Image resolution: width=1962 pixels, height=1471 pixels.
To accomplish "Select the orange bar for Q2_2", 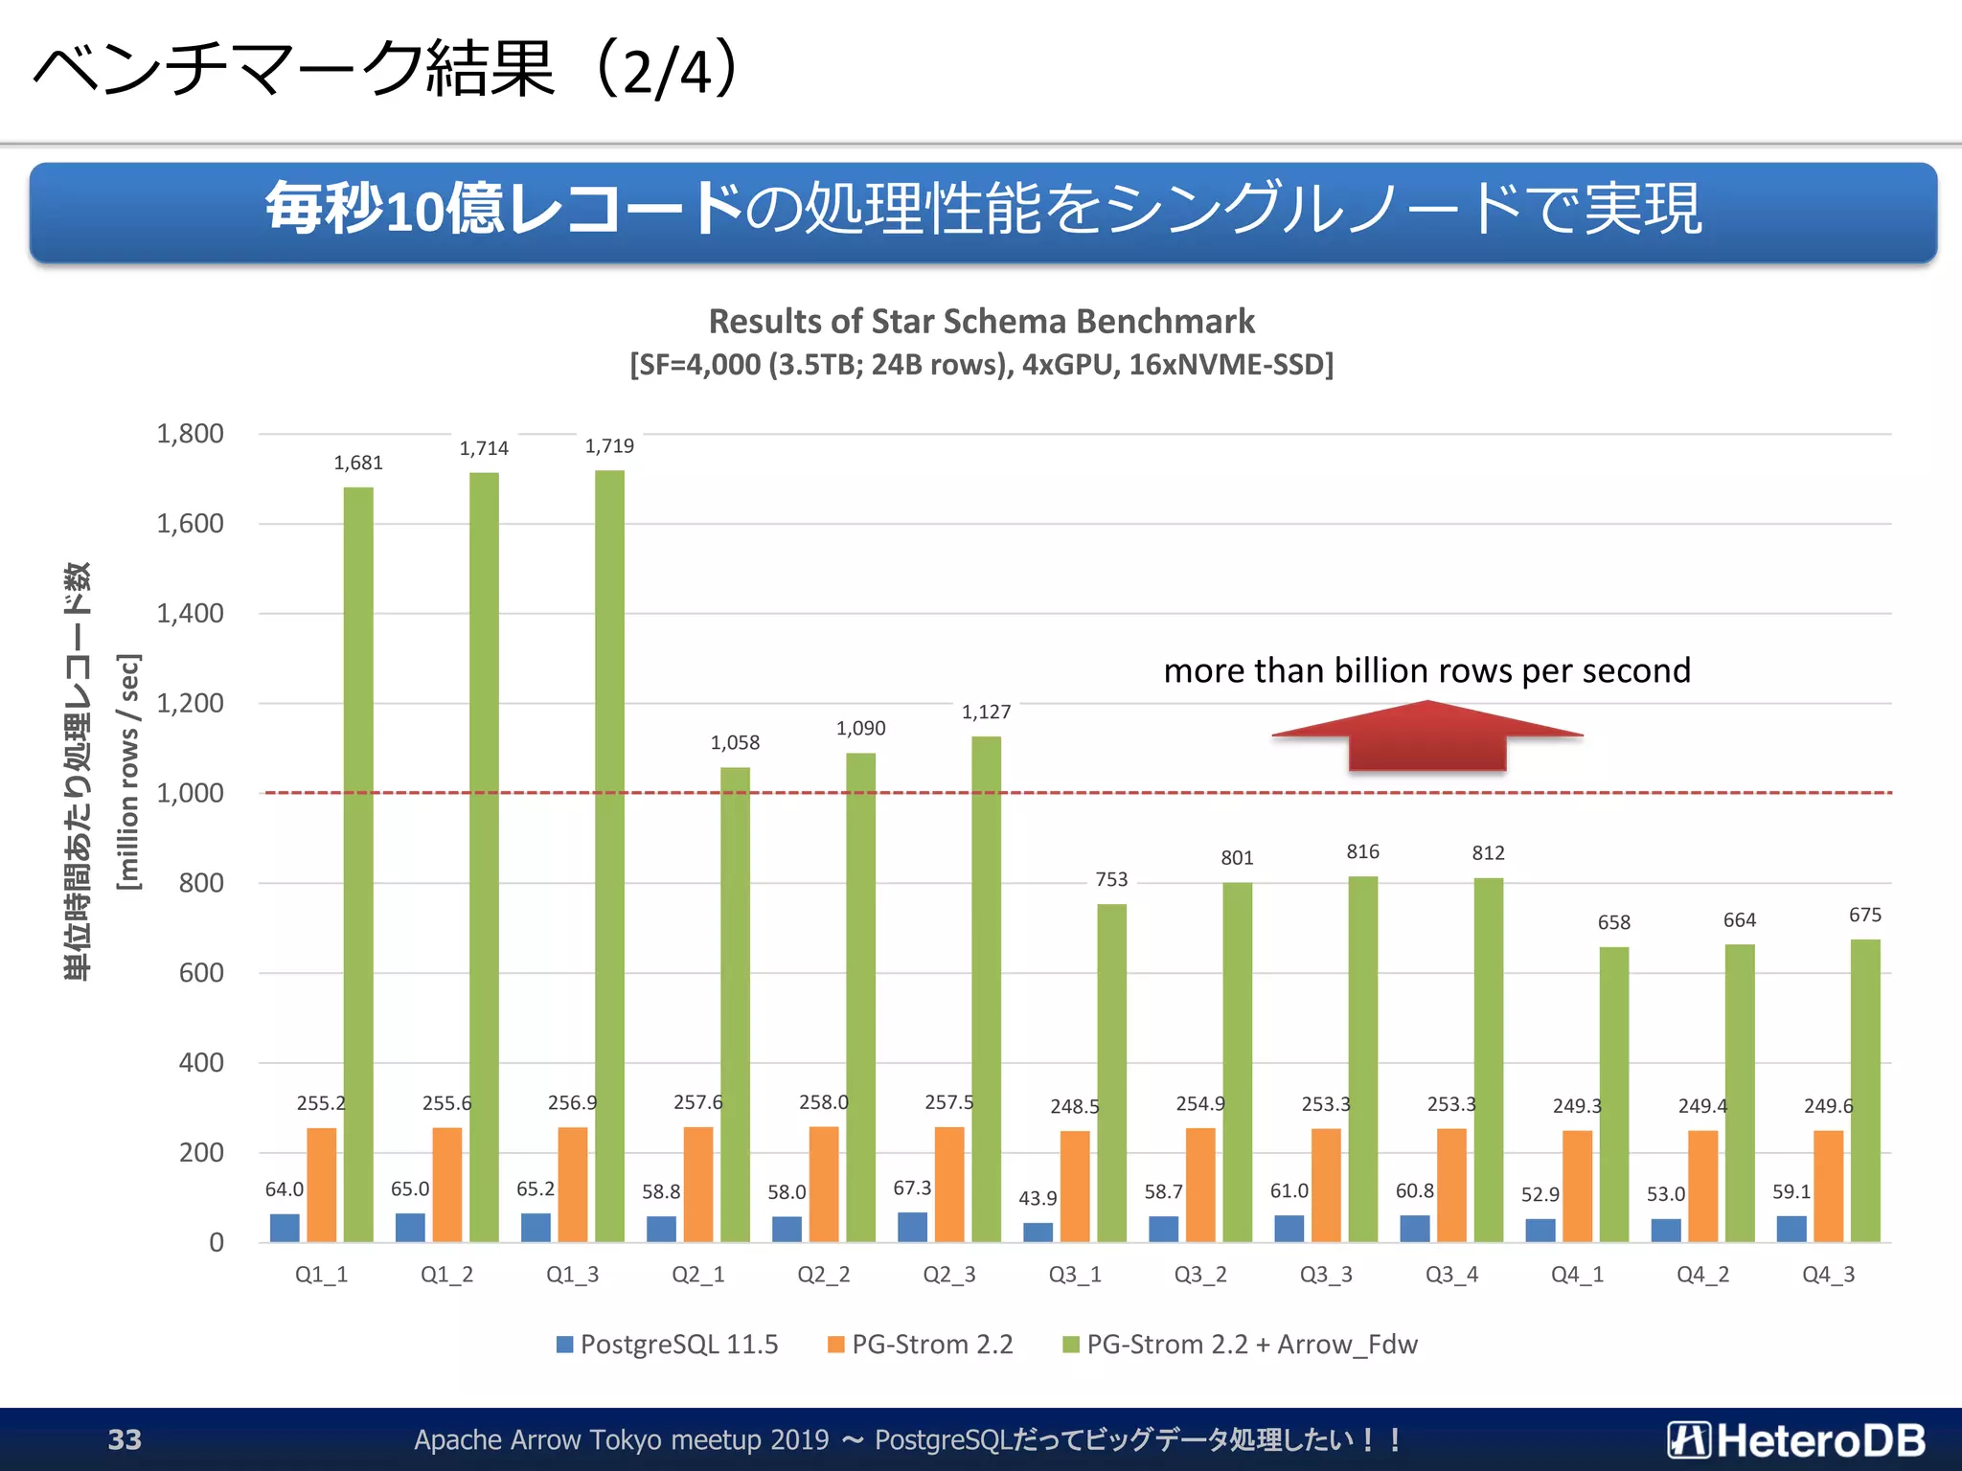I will click(824, 1184).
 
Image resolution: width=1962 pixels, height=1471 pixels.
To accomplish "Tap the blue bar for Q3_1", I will click(1038, 1232).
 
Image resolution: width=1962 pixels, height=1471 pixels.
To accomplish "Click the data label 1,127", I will click(986, 712).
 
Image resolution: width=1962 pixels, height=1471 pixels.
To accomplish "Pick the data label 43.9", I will click(1038, 1198).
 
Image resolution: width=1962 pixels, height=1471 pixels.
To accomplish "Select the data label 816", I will click(1362, 851).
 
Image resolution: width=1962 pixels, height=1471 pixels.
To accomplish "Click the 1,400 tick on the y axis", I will click(190, 613).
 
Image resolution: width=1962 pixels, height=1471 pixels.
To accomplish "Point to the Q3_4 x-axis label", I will click(1451, 1275).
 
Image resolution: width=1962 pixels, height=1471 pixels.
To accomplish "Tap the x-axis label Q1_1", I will click(321, 1275).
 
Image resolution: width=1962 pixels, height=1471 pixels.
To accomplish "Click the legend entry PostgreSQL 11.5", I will click(669, 1345).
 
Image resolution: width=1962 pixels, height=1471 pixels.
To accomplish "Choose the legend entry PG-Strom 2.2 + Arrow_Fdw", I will click(1241, 1345).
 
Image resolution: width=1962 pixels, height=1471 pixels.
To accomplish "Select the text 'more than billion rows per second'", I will click(1426, 670).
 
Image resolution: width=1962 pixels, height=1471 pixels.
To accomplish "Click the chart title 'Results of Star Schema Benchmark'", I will click(981, 321).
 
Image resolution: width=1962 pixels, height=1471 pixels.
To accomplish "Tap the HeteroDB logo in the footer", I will click(1796, 1439).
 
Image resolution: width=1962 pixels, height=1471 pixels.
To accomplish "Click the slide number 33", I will click(125, 1439).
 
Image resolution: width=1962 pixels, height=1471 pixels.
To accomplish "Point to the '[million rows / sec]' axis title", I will click(127, 771).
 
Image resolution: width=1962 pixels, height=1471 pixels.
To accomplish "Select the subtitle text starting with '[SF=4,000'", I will click(981, 365).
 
